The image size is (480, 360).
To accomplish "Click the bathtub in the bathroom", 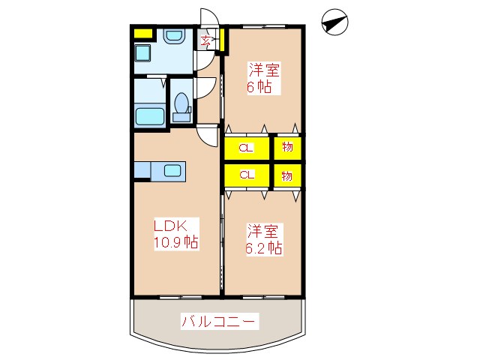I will point(149,117).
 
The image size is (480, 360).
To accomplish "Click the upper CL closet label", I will point(246,147).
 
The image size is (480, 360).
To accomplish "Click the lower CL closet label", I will point(246,175).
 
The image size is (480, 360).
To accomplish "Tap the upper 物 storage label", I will point(287,147).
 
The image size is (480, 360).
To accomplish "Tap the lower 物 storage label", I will point(287,175).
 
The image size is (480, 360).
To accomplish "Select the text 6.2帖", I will point(264,247).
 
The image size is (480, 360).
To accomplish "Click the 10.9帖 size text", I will point(176,242).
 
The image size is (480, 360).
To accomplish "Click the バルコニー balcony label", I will point(220,322).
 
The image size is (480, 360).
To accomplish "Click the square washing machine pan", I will point(142,53).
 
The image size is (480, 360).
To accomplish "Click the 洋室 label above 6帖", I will point(265,70).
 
